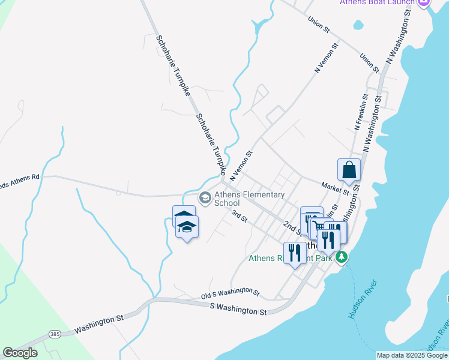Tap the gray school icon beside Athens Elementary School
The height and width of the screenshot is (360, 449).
point(205,197)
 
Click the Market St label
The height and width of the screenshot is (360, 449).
point(335,188)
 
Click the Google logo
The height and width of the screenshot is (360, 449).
point(20,353)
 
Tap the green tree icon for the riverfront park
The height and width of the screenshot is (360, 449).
point(342,257)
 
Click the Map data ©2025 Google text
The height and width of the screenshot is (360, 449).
point(412,355)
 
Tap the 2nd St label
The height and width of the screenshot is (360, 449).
point(292,227)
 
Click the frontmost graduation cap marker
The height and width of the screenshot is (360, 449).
point(187,227)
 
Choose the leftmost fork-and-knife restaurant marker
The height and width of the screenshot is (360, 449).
point(295,253)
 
